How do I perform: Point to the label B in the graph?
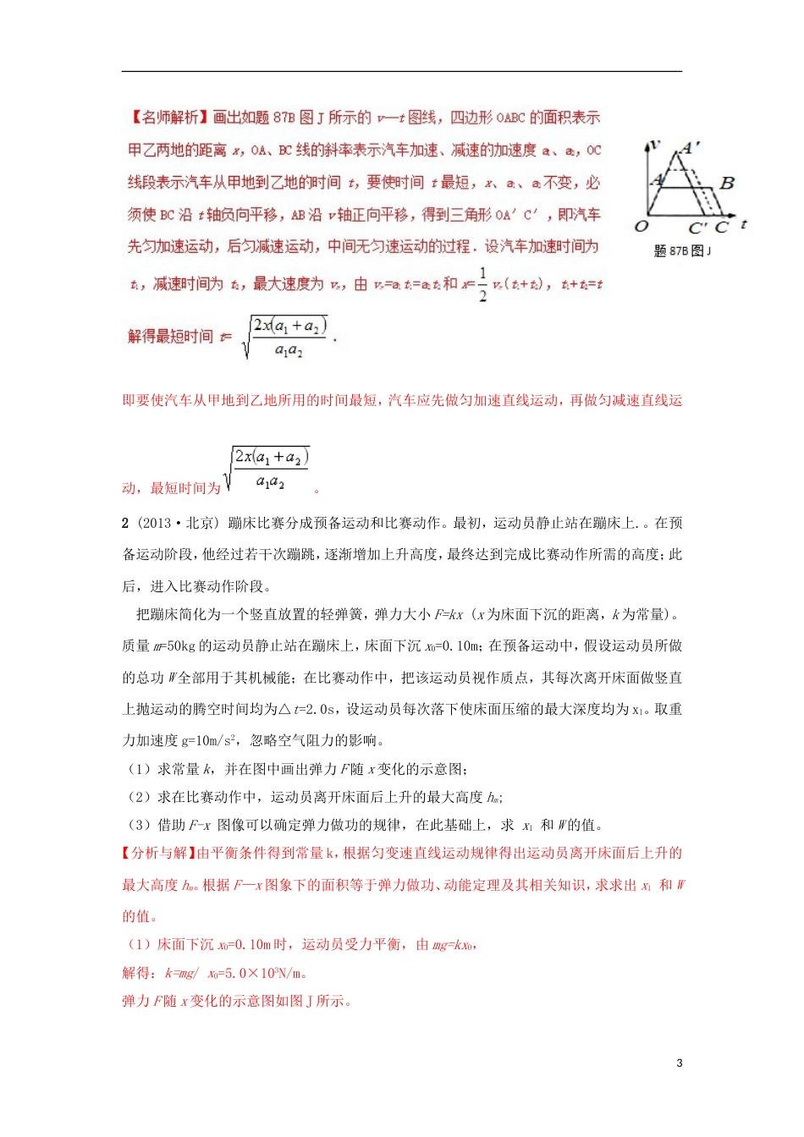[726, 182]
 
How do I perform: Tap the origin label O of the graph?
[642, 226]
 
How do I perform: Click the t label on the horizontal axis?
[744, 224]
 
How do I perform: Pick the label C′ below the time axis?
[698, 228]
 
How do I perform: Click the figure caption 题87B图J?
[682, 250]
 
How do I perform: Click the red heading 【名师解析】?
[168, 118]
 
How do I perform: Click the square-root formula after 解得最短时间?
[285, 337]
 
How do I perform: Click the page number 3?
[680, 1063]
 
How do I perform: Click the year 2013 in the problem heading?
[156, 523]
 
